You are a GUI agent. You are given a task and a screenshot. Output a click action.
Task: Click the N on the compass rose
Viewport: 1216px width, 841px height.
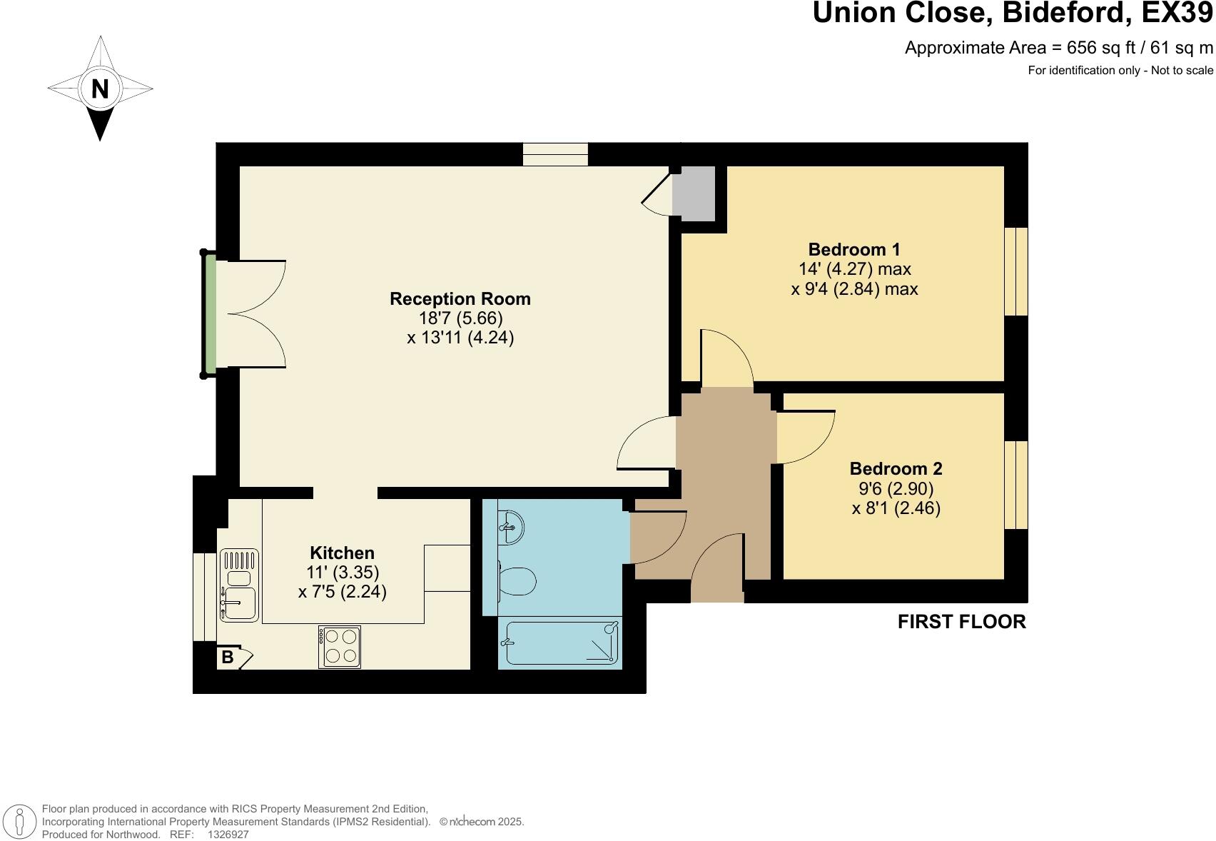coord(100,89)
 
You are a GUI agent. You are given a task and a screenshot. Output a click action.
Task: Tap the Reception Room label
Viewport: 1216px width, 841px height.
coord(460,298)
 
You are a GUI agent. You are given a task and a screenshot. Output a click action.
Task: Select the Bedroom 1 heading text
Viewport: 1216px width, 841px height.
coord(853,249)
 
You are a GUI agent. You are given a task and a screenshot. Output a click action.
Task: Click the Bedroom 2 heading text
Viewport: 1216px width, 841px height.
coord(895,468)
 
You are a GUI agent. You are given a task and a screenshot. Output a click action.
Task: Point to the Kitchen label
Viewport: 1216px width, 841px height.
coord(342,553)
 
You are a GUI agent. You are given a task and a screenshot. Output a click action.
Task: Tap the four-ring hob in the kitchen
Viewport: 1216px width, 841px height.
coord(339,647)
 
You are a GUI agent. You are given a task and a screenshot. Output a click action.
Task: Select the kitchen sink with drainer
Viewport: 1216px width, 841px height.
coord(238,585)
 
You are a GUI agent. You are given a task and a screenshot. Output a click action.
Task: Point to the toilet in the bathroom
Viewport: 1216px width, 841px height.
coord(517,581)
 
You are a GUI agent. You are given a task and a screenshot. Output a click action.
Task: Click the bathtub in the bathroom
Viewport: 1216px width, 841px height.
coord(561,643)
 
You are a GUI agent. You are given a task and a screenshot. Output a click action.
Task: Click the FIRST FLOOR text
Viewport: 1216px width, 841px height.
coord(961,622)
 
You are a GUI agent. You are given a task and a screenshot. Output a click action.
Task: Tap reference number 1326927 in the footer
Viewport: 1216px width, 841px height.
coord(228,834)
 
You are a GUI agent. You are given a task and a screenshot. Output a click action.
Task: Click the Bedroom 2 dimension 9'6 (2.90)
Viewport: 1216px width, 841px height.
coord(895,488)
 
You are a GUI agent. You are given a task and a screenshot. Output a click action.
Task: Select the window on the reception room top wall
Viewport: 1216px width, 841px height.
coord(554,154)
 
